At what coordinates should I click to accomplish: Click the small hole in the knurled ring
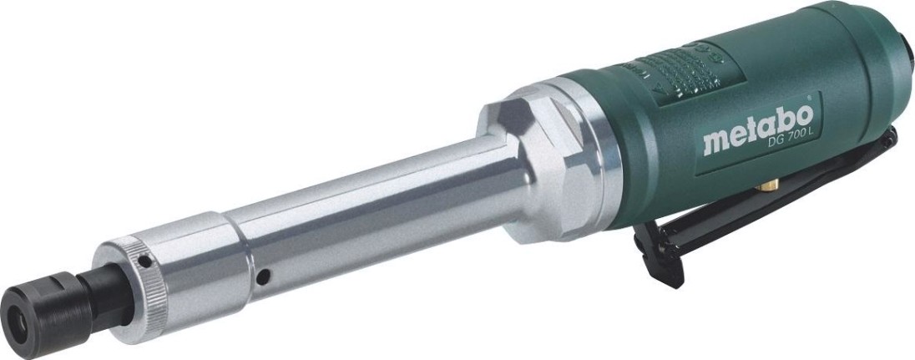coord(144,261)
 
